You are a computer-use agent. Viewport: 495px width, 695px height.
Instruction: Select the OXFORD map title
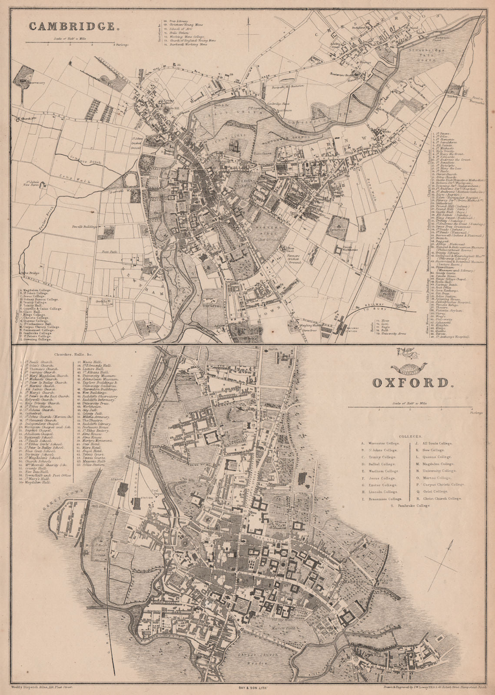click(410, 383)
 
